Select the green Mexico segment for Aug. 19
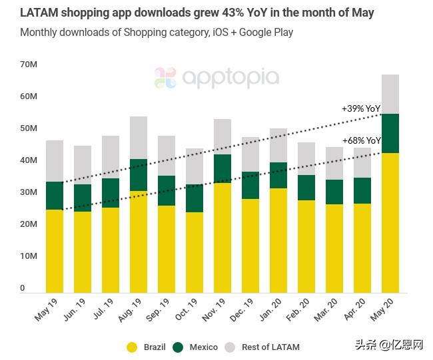coord(138,175)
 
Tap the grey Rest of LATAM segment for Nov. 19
coord(222,136)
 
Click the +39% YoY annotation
coord(360,108)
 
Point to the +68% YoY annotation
coord(361,140)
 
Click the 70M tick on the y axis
coord(29,64)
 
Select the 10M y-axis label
coord(29,256)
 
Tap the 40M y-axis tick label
coord(29,160)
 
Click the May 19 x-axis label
coord(47,309)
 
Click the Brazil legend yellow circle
coord(132,347)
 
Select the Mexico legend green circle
coord(178,347)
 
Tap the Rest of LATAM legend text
coord(270,347)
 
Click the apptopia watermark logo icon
coord(165,78)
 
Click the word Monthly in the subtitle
coord(39,32)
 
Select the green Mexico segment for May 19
coord(55,196)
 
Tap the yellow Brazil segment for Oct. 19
coord(194,252)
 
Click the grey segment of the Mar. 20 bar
coord(334,163)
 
